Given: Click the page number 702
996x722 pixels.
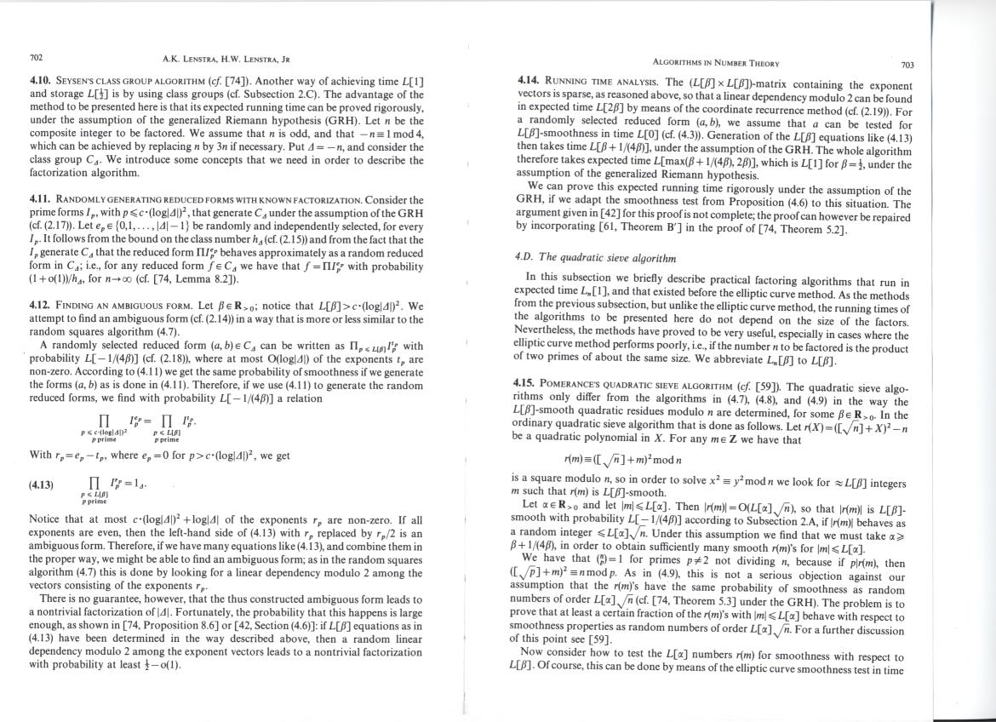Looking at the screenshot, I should tap(36, 58).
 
